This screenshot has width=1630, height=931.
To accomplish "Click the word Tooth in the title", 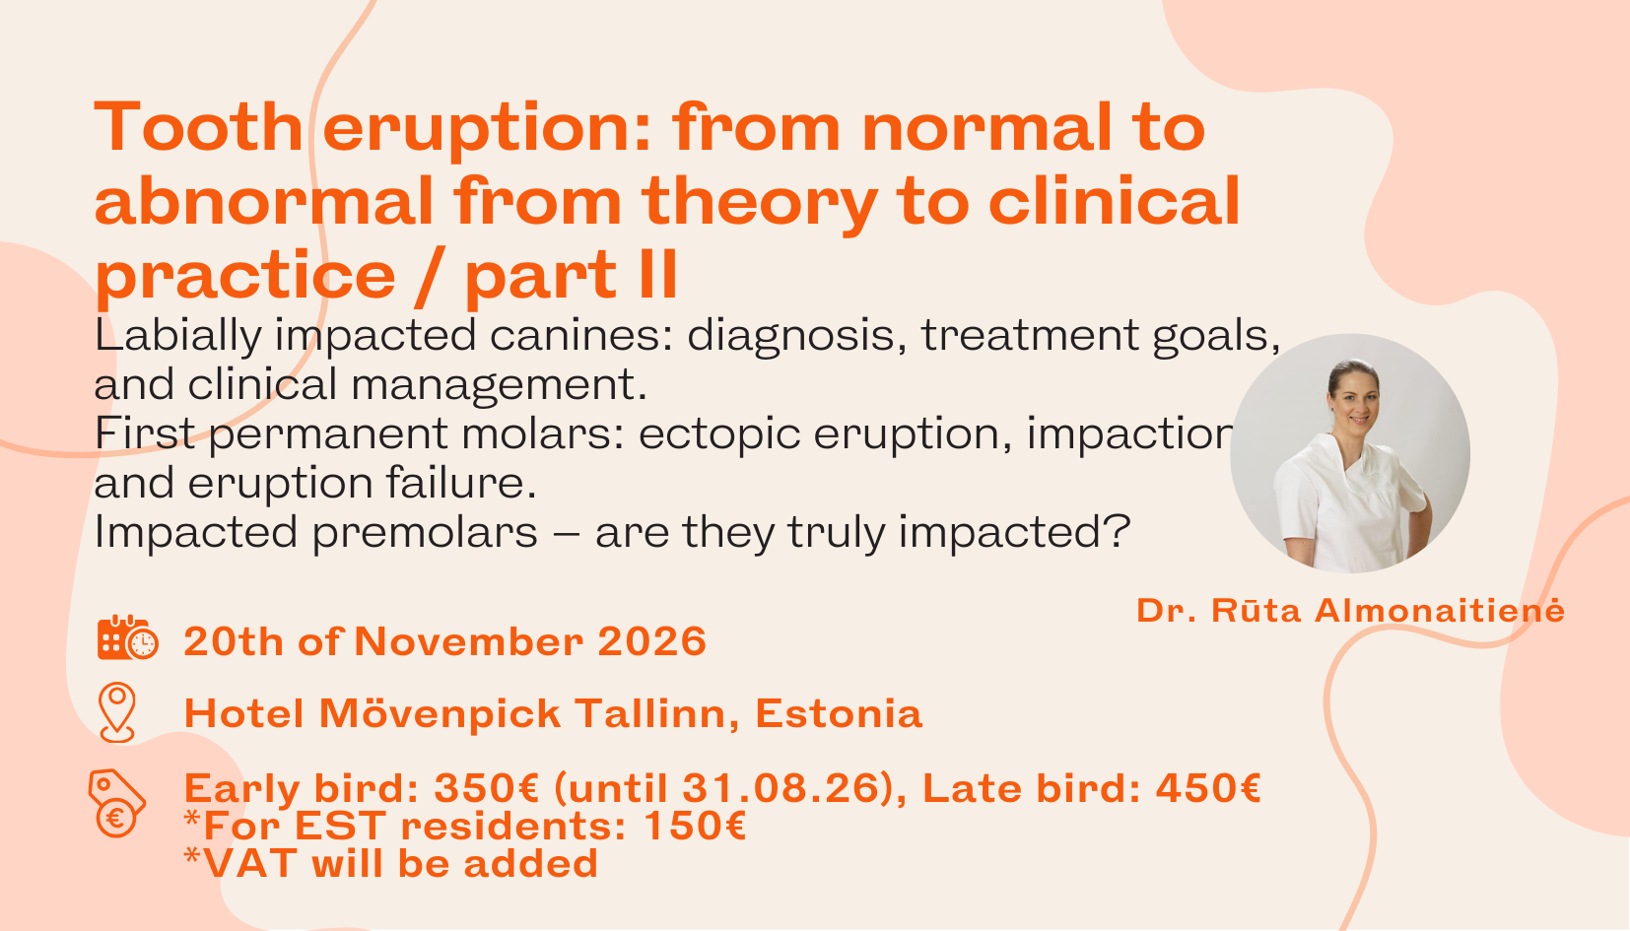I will (198, 128).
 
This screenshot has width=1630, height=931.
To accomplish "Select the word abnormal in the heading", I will (263, 202).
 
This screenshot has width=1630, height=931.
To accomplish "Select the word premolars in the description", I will (425, 533).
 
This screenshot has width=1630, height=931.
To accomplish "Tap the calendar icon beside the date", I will (126, 638).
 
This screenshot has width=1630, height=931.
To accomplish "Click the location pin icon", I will (117, 711).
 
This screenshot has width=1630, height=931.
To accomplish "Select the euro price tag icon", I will (116, 803).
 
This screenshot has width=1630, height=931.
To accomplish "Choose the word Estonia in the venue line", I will (839, 714).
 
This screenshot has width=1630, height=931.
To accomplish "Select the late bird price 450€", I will (1208, 789).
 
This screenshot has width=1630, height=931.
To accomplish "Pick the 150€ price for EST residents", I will (694, 827).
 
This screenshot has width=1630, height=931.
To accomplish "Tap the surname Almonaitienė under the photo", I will (1440, 611).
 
